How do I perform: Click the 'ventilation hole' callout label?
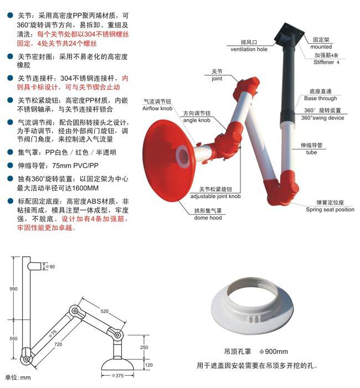249,49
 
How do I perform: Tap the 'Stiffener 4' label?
326,62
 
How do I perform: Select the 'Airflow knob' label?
157,108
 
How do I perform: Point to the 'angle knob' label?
197,120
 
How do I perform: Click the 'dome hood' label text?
208,218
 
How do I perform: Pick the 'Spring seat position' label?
330,210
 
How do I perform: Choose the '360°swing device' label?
322,118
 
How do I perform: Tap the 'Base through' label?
320,98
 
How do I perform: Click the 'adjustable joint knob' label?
215,196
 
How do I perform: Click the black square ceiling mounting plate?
289,34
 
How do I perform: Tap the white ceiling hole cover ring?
253,306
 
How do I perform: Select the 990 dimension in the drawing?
14,289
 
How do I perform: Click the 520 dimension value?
105,311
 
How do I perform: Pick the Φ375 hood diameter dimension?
117,376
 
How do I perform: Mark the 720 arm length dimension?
58,344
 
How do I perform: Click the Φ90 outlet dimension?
50,266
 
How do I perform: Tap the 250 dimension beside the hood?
144,348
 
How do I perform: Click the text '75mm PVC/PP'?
75,165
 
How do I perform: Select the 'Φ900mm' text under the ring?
274,351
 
